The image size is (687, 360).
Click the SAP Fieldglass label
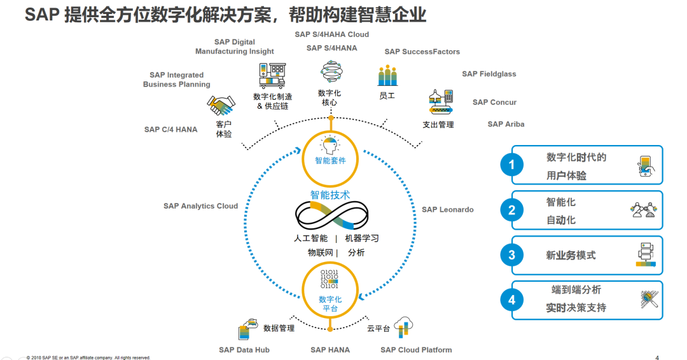pos(489,74)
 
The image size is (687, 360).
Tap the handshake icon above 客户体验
pos(221,105)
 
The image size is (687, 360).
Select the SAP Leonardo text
pos(447,209)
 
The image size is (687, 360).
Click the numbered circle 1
pos(511,165)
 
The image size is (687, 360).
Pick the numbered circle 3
pos(511,255)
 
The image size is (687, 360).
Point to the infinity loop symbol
pos(331,216)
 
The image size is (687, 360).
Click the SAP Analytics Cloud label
pos(200,206)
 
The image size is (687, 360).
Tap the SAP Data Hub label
pos(244,350)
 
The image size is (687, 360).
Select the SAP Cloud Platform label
pos(416,350)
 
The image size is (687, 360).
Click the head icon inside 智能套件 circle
pos(330,146)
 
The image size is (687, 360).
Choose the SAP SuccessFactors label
pos(422,52)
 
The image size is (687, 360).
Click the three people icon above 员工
pos(387,76)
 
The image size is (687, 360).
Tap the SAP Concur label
pos(494,102)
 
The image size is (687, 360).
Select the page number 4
pos(657,357)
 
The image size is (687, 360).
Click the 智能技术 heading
pos(330,195)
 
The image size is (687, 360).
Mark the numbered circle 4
pos(511,300)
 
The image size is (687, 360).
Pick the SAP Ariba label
pos(506,124)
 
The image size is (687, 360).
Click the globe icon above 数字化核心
pos(331,72)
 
